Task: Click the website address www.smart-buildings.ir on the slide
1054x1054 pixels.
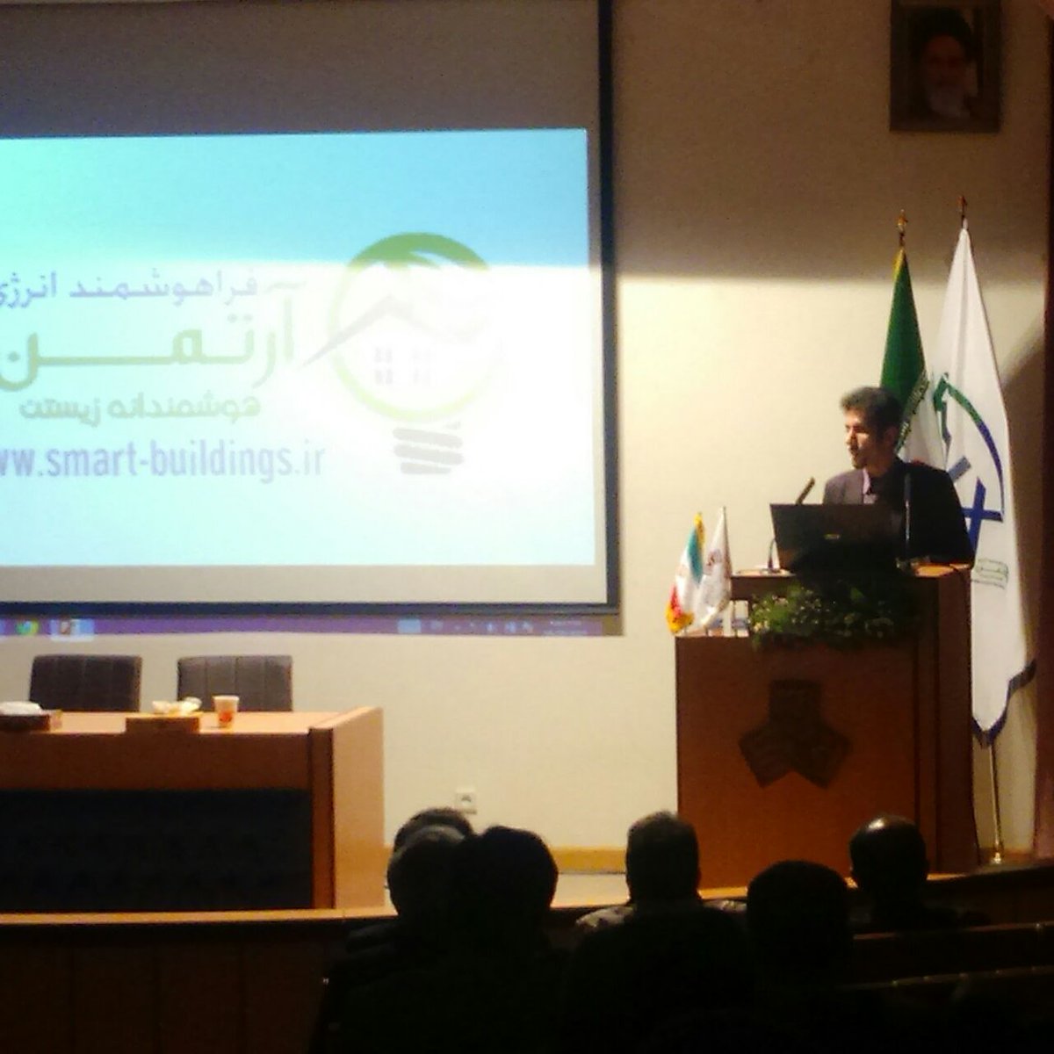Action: coord(162,462)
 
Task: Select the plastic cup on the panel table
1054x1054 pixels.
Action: coord(226,710)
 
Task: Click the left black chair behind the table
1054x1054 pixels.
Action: coord(85,682)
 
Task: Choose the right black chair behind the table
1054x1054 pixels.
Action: coord(235,682)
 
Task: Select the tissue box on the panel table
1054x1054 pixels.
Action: coord(162,723)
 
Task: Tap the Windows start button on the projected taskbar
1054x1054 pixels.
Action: coord(26,627)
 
